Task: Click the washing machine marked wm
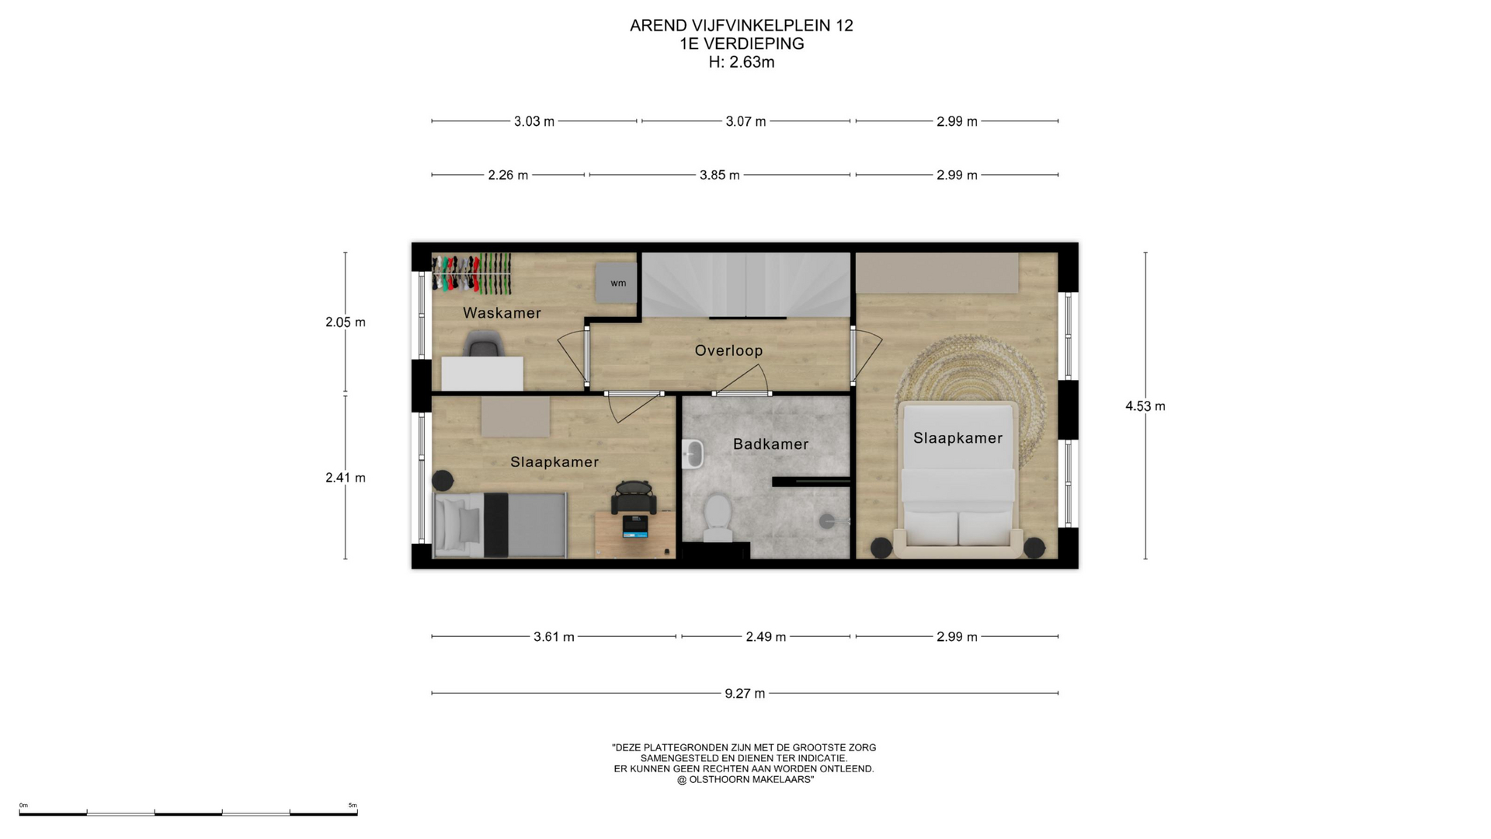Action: (617, 283)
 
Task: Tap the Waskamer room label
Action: (502, 313)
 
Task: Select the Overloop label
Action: (728, 350)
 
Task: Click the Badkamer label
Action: (770, 444)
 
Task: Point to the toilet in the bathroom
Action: (717, 518)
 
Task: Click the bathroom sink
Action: (693, 454)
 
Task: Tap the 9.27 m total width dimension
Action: (745, 693)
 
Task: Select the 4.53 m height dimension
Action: (1145, 406)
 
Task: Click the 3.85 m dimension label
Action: (719, 175)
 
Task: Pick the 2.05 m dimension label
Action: (346, 322)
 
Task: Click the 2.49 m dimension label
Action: (766, 637)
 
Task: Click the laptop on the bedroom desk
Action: (634, 526)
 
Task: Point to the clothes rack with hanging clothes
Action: (471, 273)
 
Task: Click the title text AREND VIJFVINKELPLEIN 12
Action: (742, 26)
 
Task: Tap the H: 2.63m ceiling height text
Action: (742, 62)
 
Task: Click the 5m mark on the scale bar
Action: (353, 806)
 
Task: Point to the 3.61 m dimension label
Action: (554, 637)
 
